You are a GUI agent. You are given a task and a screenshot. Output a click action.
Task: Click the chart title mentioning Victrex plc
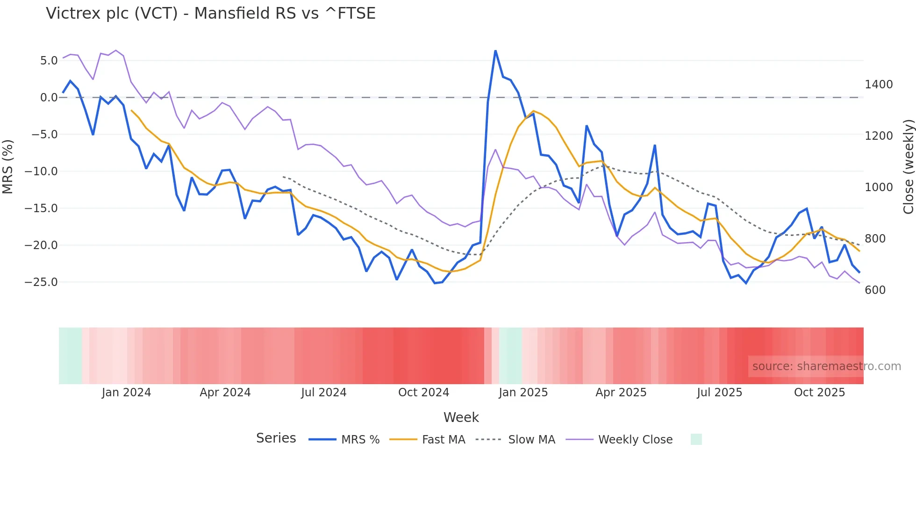(210, 13)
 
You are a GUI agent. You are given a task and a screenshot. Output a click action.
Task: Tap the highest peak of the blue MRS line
(495, 51)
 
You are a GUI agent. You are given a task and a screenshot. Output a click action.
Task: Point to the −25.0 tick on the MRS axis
(41, 282)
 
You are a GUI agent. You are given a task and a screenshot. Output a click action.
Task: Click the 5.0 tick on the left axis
(49, 60)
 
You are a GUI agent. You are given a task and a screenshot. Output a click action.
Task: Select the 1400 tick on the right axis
(879, 85)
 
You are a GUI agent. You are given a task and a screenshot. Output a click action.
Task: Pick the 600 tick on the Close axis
(875, 290)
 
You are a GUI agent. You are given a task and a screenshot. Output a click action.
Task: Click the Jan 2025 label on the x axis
(523, 393)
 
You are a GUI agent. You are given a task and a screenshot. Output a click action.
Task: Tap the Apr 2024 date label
(225, 393)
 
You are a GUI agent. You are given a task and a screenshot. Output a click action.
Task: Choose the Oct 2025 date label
(819, 393)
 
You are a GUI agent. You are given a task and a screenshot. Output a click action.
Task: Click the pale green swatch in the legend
(696, 439)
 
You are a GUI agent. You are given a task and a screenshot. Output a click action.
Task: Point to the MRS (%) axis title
(7, 166)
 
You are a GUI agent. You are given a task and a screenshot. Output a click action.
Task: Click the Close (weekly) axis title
(908, 167)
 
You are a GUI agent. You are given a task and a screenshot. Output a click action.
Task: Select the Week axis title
(461, 417)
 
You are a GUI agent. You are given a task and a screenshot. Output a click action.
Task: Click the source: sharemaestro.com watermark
(826, 366)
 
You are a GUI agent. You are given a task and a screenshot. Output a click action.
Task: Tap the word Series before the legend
(276, 438)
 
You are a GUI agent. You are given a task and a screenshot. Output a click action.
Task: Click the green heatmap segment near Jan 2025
(510, 356)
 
